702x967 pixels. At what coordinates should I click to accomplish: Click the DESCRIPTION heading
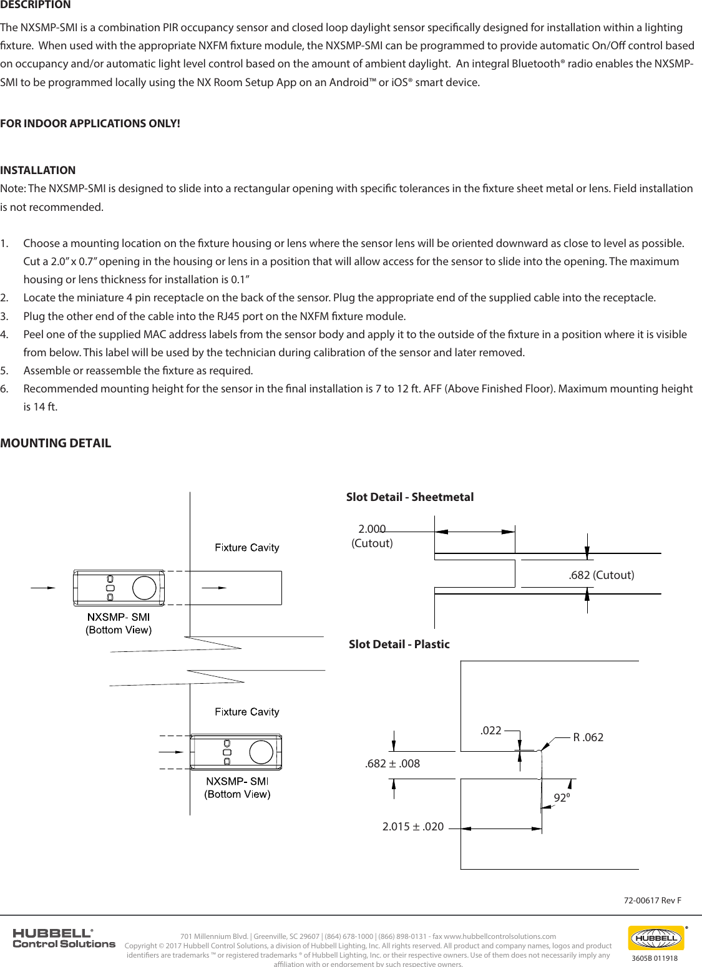click(36, 5)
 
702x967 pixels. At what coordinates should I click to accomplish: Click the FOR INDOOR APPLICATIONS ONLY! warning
click(90, 124)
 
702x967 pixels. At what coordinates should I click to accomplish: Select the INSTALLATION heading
click(38, 170)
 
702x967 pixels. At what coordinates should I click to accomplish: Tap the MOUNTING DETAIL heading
click(56, 444)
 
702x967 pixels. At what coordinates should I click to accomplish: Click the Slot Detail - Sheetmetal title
click(409, 497)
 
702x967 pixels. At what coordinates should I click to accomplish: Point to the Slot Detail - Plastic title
click(399, 644)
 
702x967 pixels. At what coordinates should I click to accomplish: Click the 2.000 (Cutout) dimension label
click(372, 536)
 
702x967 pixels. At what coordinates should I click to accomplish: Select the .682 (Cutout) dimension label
click(601, 575)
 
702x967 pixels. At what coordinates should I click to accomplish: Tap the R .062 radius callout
click(588, 737)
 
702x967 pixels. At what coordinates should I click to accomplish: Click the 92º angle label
click(561, 798)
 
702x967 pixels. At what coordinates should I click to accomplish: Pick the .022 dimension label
click(490, 731)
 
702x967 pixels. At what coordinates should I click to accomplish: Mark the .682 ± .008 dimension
click(392, 764)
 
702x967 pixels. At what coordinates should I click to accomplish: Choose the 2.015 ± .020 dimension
click(412, 827)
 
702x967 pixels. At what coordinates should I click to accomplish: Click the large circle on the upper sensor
click(144, 588)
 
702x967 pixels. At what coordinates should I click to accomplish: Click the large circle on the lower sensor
click(261, 752)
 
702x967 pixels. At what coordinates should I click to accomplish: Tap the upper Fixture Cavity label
click(246, 548)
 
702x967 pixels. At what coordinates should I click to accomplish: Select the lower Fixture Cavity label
click(246, 712)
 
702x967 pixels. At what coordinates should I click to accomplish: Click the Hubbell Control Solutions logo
click(64, 938)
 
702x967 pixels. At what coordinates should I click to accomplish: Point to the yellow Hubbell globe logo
click(655, 938)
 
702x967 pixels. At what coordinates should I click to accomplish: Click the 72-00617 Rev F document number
click(652, 900)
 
